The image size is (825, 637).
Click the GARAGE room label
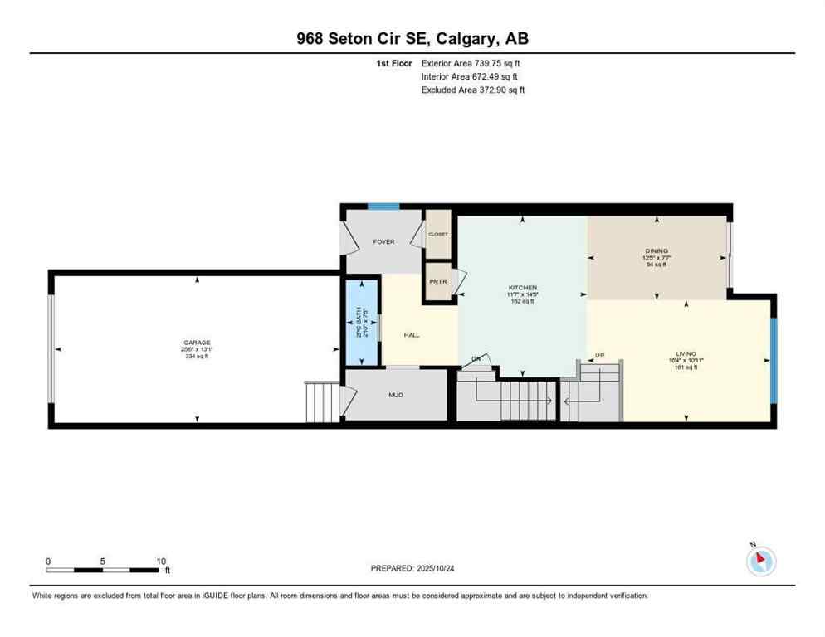(197, 343)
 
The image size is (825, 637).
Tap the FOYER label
(383, 242)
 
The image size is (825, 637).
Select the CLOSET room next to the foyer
(438, 235)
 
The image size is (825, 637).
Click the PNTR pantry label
(438, 282)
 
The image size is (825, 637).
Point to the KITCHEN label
(522, 288)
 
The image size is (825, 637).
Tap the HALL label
(412, 335)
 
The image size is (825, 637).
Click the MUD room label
(396, 395)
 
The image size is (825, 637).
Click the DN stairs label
(477, 358)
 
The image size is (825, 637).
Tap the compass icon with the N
(760, 561)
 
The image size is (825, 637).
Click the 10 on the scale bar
(161, 561)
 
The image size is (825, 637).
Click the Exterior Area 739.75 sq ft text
(471, 63)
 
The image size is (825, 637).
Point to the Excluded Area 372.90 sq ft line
(473, 90)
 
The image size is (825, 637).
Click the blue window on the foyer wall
(383, 207)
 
